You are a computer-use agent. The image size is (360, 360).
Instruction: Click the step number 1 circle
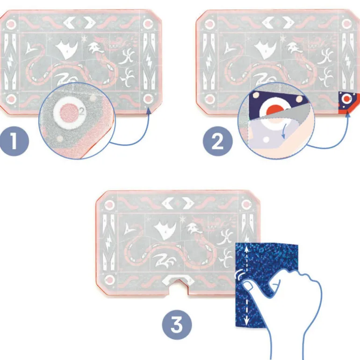[14, 141]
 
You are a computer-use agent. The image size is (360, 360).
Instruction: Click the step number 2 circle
[218, 141]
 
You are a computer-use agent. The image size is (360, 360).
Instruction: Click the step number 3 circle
[177, 324]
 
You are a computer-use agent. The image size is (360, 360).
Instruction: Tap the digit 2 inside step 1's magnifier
[82, 112]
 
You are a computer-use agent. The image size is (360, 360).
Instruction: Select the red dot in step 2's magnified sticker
[275, 110]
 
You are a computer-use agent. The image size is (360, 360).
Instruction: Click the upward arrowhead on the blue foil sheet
[246, 248]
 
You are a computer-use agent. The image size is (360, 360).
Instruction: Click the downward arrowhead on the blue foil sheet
[246, 322]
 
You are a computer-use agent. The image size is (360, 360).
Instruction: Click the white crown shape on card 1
[66, 50]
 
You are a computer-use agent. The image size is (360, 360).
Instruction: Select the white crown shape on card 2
[266, 50]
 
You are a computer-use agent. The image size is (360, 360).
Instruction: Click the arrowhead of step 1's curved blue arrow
[149, 110]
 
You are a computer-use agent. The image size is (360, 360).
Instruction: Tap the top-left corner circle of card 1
[11, 24]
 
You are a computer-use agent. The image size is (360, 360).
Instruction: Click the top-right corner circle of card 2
[346, 24]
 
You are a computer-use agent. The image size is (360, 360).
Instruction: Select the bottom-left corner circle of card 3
[109, 281]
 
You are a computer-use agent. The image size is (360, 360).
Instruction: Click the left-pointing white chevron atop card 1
[69, 23]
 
